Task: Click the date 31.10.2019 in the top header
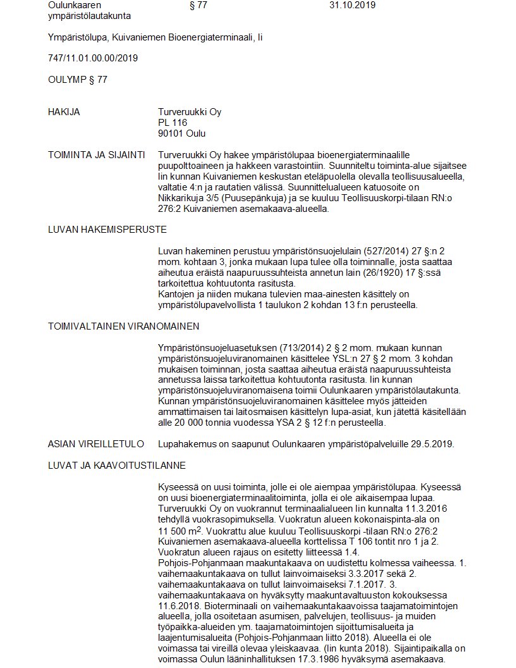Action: (x=352, y=5)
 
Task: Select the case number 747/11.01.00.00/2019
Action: (x=93, y=58)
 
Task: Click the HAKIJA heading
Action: (x=64, y=112)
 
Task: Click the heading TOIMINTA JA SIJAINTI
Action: (x=96, y=155)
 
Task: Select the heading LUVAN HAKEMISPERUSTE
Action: (x=107, y=230)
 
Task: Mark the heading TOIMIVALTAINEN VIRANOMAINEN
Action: (x=123, y=326)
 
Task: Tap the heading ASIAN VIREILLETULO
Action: (x=95, y=444)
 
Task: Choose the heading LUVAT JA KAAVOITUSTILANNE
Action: (x=116, y=466)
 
